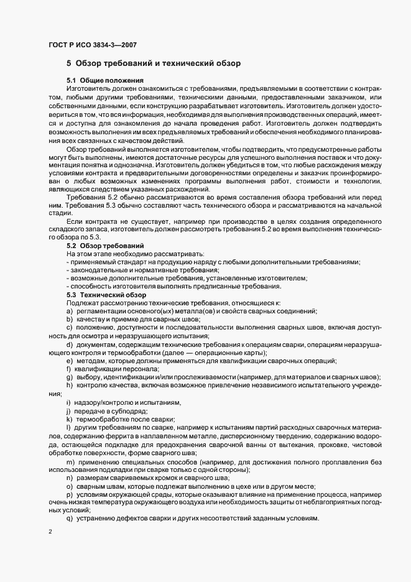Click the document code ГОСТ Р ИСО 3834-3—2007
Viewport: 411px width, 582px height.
point(92,45)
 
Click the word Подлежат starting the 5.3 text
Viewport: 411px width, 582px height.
point(80,302)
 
